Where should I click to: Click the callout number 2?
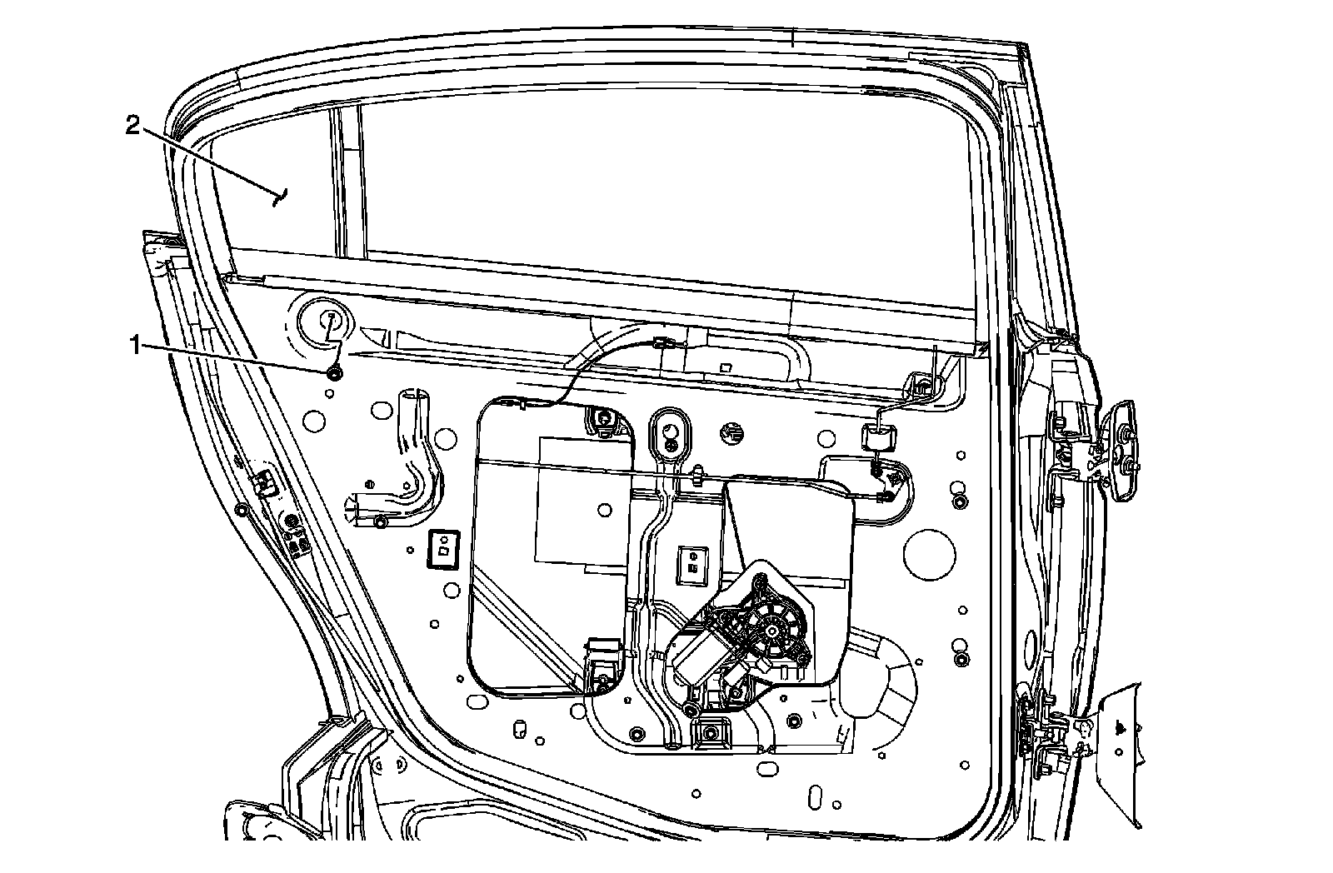pyautogui.click(x=132, y=126)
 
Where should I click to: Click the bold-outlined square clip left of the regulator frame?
pyautogui.click(x=443, y=549)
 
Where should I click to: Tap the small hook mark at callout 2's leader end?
pyautogui.click(x=281, y=197)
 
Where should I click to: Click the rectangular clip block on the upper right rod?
pyautogui.click(x=881, y=437)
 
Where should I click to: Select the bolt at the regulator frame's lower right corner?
pyautogui.click(x=602, y=683)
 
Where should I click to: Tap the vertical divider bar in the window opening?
pyautogui.click(x=347, y=179)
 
